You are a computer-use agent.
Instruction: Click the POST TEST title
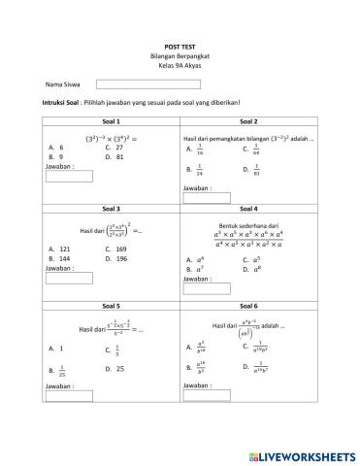[180, 45]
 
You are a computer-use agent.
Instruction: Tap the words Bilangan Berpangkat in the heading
[180, 54]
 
